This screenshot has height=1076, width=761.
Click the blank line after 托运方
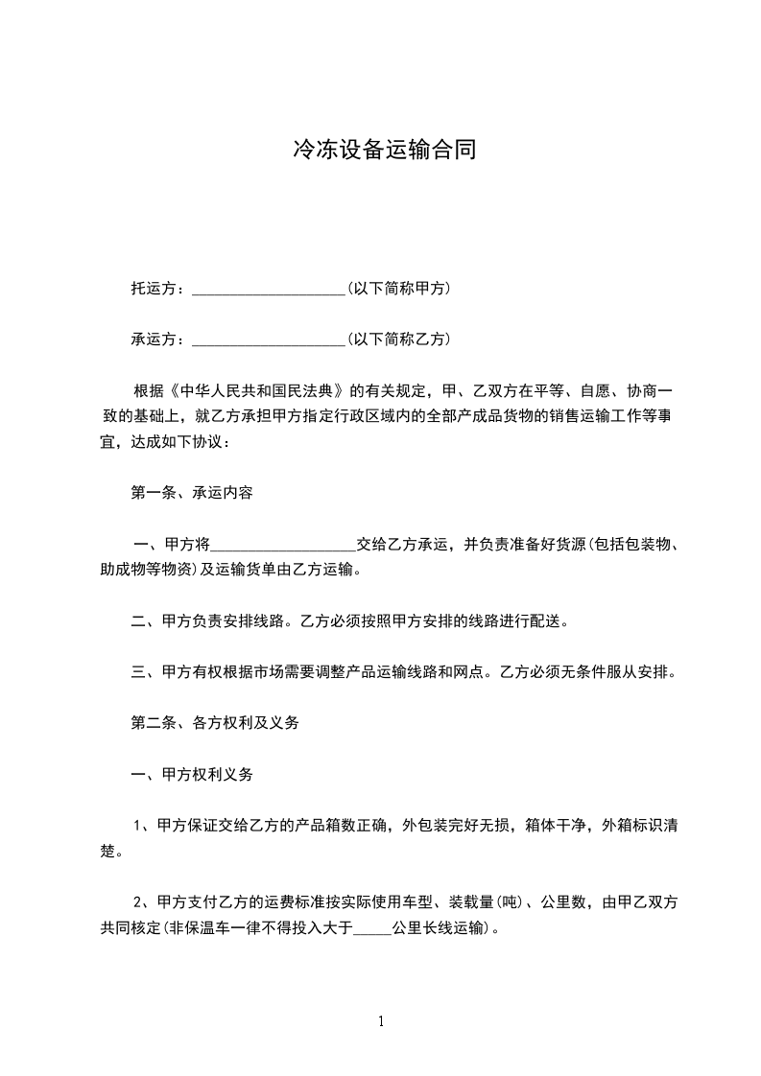coord(268,290)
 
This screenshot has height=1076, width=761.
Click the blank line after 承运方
coord(268,340)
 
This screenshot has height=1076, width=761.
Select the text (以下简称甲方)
coord(399,289)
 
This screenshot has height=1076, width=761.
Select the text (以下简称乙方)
coord(399,339)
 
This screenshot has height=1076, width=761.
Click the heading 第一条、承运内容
coord(192,493)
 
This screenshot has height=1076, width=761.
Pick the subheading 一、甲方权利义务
coord(192,774)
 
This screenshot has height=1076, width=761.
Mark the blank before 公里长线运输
coord(372,928)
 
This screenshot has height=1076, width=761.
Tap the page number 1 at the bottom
coord(381,1021)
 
